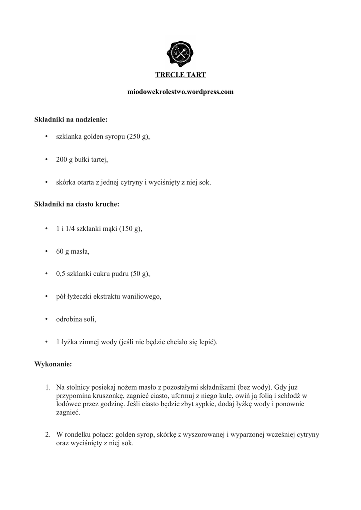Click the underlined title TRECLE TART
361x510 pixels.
coord(180,75)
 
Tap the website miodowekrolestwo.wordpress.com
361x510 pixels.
coord(180,92)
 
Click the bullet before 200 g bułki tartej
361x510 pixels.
coord(45,160)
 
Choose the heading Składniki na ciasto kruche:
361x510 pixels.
coord(77,204)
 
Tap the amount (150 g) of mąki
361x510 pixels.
coord(131,229)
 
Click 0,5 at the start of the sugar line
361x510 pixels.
coord(61,274)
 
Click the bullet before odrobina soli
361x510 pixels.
coord(45,319)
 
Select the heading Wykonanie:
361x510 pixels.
coord(53,365)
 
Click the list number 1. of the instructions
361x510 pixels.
coord(48,387)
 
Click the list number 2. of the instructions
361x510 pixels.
coord(48,435)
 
